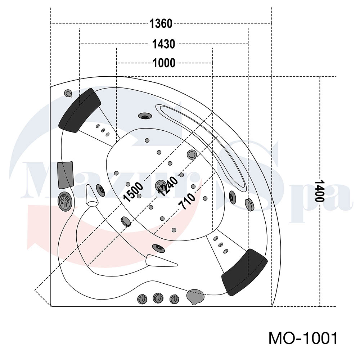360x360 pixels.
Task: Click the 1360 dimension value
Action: tap(161, 23)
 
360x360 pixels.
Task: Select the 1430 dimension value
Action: tap(164, 44)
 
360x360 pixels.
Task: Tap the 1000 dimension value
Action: tap(164, 63)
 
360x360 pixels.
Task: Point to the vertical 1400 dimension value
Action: tap(319, 191)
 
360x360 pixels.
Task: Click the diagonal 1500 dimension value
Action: tap(133, 192)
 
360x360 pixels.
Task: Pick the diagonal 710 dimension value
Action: tap(187, 201)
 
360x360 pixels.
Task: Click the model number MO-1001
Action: tap(303, 338)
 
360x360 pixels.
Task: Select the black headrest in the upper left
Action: tap(80, 110)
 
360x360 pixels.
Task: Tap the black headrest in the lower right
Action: tap(244, 272)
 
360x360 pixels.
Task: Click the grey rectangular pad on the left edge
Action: tap(65, 175)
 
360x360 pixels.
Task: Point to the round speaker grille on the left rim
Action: tap(65, 202)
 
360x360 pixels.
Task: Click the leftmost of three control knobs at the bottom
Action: tap(142, 299)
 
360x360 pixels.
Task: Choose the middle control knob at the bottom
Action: tap(158, 298)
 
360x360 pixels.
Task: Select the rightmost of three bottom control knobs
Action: tap(174, 299)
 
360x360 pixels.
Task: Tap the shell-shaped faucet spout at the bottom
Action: tap(195, 296)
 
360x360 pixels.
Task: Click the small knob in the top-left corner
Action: tap(68, 93)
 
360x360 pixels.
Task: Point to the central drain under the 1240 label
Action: tap(161, 185)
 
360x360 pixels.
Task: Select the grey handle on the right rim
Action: tap(249, 204)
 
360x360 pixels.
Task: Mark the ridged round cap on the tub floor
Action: tap(126, 221)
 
